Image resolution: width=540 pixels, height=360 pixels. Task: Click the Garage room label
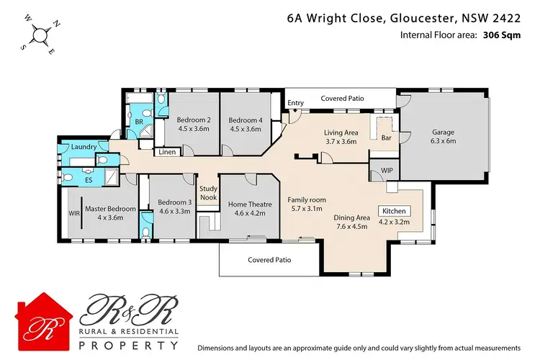click(x=444, y=132)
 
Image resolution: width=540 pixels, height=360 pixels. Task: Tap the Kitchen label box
click(x=395, y=212)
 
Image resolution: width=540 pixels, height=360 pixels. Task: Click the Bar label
click(x=386, y=137)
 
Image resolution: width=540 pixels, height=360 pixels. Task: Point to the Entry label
click(x=295, y=104)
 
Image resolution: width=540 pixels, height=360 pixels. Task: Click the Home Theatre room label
click(x=250, y=204)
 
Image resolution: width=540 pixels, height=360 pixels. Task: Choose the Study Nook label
click(x=209, y=194)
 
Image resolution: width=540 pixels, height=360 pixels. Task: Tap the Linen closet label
click(x=167, y=152)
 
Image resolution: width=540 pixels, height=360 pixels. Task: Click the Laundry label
click(x=84, y=147)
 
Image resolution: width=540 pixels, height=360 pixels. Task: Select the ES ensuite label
click(x=89, y=179)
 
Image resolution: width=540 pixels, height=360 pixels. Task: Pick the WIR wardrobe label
click(x=73, y=214)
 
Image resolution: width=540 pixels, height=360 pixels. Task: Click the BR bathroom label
click(x=140, y=122)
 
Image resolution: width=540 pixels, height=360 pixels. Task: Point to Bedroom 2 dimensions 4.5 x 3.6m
click(x=193, y=130)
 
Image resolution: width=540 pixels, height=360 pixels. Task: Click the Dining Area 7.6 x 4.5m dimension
click(x=353, y=226)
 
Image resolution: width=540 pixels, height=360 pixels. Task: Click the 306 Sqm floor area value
click(x=499, y=34)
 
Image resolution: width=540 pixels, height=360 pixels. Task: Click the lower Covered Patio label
click(x=269, y=260)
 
